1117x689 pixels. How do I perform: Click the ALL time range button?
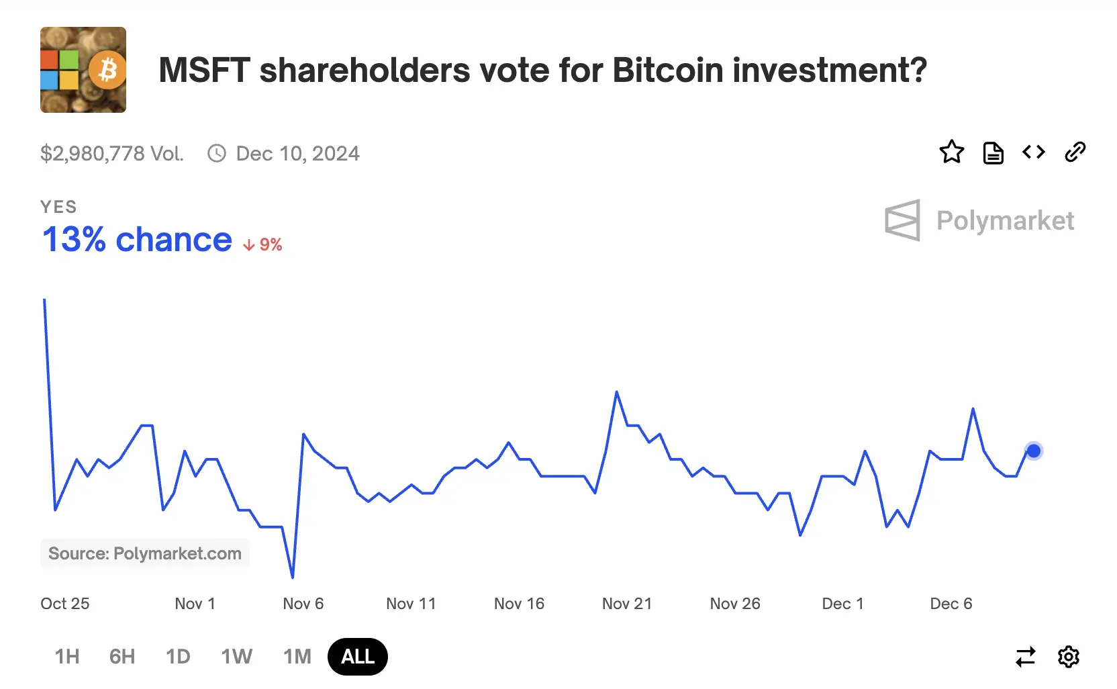tap(357, 656)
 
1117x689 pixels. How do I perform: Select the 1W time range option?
tap(236, 656)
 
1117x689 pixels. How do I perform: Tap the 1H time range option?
tap(67, 656)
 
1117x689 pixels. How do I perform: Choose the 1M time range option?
tap(297, 656)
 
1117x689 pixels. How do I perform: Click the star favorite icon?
tap(951, 152)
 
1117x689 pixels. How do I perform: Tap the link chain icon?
tap(1075, 152)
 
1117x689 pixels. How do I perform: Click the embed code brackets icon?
tap(1033, 152)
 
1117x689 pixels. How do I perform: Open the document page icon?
tap(993, 153)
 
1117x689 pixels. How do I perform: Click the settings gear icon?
tap(1068, 656)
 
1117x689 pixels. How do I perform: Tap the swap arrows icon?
tap(1025, 656)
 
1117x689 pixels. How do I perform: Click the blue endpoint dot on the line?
tap(1033, 451)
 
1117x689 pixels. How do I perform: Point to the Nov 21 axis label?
tap(626, 604)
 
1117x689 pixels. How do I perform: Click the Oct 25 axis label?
tap(64, 604)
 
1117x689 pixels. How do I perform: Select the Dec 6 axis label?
tap(951, 604)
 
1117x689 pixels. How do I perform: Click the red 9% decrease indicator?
tap(263, 244)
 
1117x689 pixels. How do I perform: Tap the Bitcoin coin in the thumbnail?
tap(107, 69)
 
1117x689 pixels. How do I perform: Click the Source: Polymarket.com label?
tap(144, 553)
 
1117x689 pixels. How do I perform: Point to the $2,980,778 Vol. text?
tap(111, 154)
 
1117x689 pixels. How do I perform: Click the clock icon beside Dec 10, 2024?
tap(216, 154)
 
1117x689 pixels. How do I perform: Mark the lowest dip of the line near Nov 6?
tap(293, 576)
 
